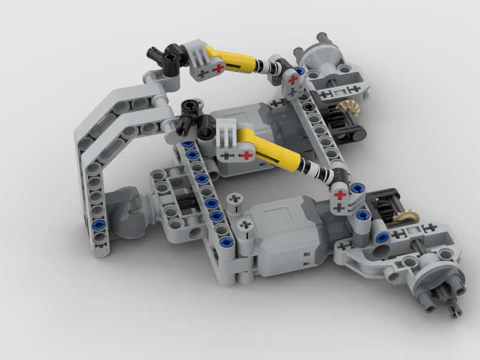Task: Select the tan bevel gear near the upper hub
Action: tap(344, 110)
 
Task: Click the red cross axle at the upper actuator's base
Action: tap(218, 68)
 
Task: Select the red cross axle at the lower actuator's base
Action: tap(245, 156)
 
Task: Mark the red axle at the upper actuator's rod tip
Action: tap(293, 79)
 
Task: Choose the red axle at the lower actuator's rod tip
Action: tap(340, 194)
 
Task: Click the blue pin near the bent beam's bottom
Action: tap(98, 225)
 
